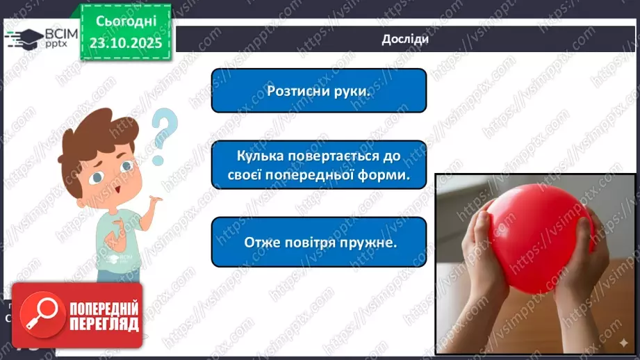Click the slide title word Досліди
point(404,39)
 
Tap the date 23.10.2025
point(126,44)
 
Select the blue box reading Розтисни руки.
point(318,90)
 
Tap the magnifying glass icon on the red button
point(40,315)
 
